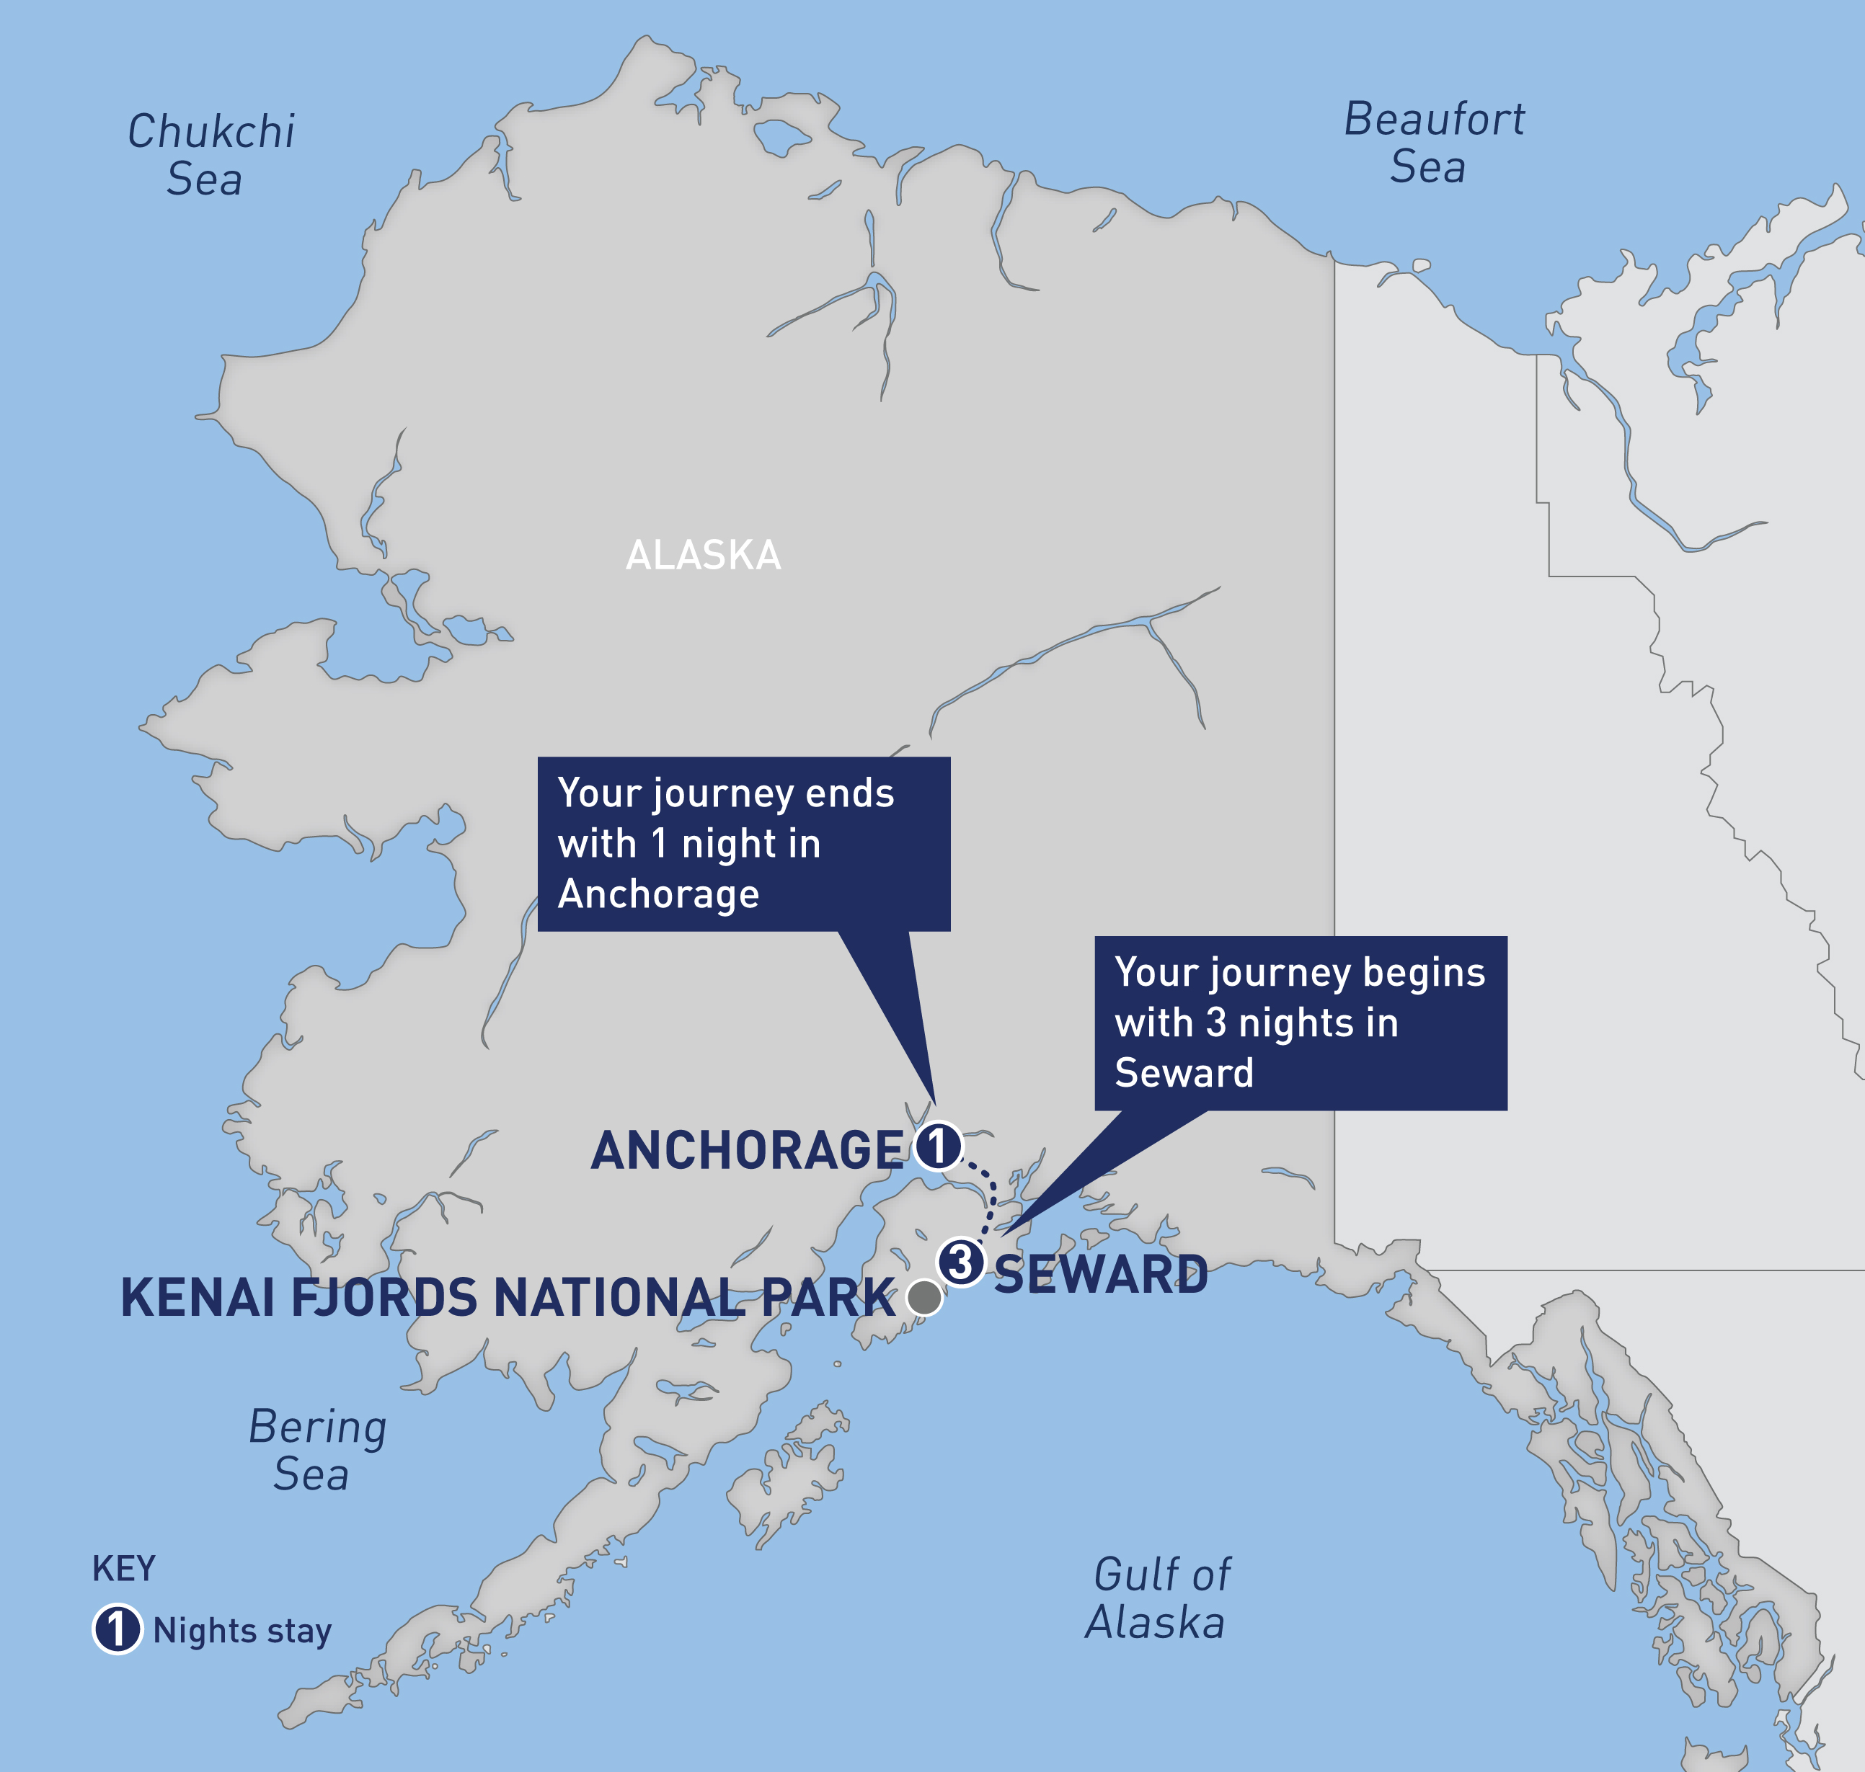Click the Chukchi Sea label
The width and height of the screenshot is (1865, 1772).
[210, 155]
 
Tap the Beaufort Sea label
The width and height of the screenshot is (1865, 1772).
[1432, 143]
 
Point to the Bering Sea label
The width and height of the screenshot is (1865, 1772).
[316, 1450]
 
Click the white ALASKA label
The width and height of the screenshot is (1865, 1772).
[703, 556]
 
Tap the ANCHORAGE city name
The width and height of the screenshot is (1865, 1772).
[746, 1151]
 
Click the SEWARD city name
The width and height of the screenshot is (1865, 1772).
[1101, 1275]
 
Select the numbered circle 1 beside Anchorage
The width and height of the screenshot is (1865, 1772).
[938, 1147]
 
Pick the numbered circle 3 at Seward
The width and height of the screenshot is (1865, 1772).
[961, 1262]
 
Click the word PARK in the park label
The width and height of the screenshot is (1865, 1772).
[828, 1298]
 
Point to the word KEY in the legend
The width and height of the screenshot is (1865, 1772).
[124, 1569]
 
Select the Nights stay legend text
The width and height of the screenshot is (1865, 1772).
[242, 1631]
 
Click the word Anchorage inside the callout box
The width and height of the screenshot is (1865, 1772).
[658, 894]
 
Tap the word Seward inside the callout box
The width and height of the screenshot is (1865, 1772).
[1184, 1073]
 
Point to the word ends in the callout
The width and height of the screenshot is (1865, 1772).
[849, 793]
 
